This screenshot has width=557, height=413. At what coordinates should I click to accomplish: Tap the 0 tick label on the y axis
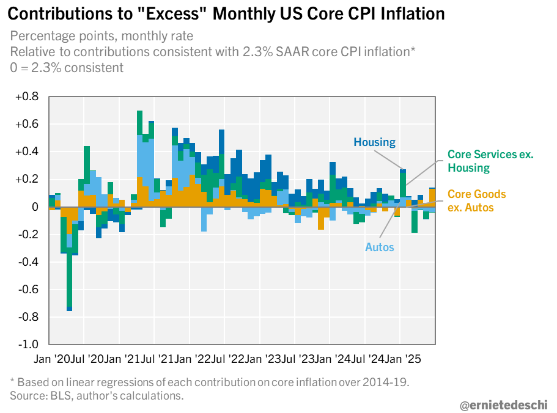coord(34,207)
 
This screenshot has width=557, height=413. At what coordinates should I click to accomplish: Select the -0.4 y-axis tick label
coord(28,262)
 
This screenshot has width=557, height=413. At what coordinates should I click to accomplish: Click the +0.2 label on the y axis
coord(28,179)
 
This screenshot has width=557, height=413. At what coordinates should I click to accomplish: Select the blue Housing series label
coord(374,142)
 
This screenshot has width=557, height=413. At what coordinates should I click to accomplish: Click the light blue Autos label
coord(380,247)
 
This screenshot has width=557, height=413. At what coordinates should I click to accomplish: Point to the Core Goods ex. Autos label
coord(476,201)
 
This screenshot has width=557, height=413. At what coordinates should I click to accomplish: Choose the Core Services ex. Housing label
coord(490,161)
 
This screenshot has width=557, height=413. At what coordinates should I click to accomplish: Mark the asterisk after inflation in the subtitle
coord(413,51)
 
